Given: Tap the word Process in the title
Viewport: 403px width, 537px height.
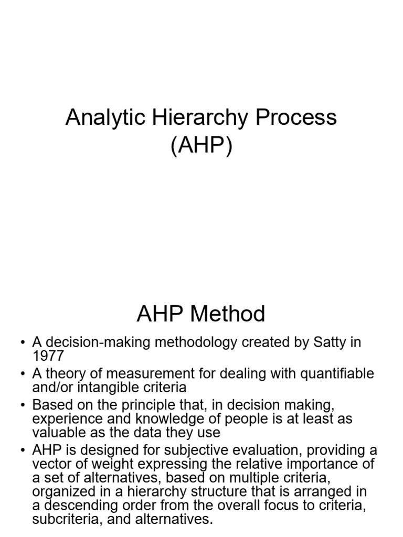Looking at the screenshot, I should coord(296,117).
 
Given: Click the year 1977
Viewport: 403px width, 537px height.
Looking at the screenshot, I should coord(48,356).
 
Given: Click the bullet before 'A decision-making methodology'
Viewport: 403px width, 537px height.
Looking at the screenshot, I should coord(23,343).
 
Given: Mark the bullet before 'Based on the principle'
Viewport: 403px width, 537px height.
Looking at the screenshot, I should coord(23,406).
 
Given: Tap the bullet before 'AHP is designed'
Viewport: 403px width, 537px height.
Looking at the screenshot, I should coord(23,451).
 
